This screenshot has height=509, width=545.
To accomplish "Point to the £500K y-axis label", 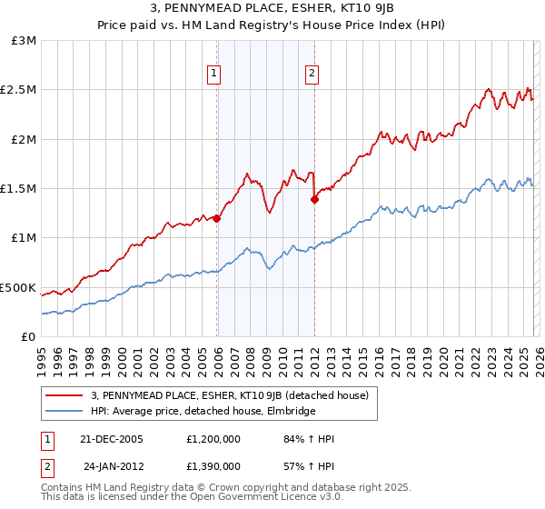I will point(18,287).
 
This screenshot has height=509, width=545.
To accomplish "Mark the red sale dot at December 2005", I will point(217,218).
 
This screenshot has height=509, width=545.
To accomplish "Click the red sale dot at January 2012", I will point(314,200).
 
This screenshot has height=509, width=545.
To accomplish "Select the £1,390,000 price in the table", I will point(217,465).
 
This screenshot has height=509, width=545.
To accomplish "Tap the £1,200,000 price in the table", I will point(217,439).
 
